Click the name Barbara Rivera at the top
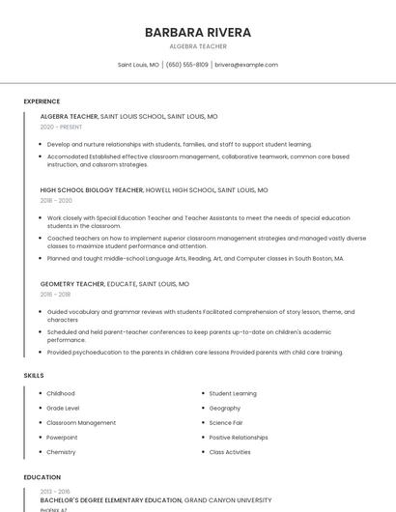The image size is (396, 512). point(197,32)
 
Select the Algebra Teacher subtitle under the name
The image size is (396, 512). point(197,46)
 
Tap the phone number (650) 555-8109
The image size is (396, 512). point(186,65)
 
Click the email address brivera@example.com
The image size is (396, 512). point(246,65)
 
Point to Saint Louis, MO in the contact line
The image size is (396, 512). point(138,65)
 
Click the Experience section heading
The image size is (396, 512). point(42,101)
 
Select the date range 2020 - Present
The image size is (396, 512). point(61,127)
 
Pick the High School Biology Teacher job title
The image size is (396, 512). point(92,190)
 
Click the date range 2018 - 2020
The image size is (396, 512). point(56,201)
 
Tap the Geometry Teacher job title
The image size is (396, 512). point(72,284)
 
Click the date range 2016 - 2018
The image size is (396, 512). point(56,295)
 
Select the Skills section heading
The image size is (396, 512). point(34,375)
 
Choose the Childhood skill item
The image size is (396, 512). point(61,393)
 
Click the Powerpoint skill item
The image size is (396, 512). point(63,437)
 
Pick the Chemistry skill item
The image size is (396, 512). point(61,451)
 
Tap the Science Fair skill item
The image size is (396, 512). point(226,422)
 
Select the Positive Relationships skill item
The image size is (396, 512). point(239,437)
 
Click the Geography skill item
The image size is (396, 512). point(225,408)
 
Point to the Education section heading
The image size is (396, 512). point(42,477)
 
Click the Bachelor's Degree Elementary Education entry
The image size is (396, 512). point(111,500)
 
